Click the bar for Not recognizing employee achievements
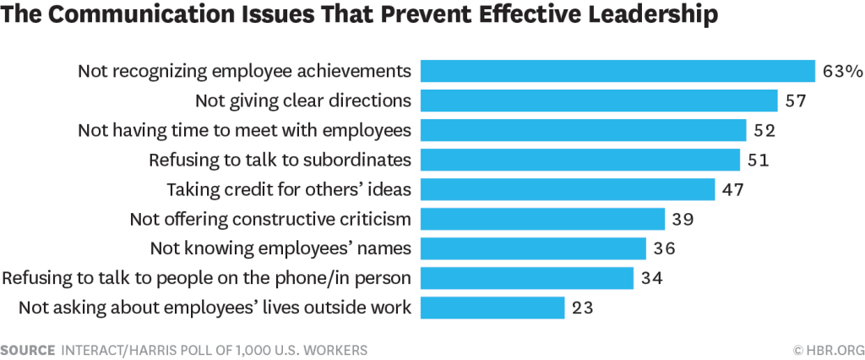(x=617, y=71)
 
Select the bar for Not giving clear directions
(x=599, y=101)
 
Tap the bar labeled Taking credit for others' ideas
(x=568, y=189)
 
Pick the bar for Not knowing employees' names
(x=534, y=248)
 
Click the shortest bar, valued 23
(x=492, y=308)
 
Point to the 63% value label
(x=842, y=72)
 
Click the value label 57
(x=796, y=101)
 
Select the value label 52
(x=764, y=130)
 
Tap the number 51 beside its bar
(x=758, y=160)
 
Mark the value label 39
(x=683, y=219)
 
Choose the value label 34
(x=651, y=278)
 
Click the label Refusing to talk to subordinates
(x=280, y=160)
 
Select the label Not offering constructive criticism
(x=271, y=219)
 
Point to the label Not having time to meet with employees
(x=245, y=131)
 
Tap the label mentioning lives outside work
(x=215, y=308)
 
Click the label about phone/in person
(x=207, y=278)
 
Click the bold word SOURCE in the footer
(x=28, y=350)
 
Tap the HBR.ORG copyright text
(x=829, y=350)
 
